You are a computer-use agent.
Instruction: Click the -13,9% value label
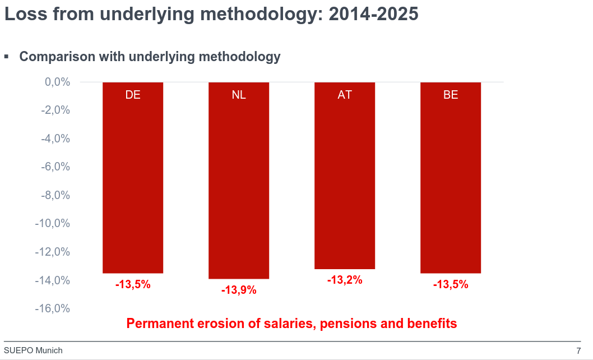[239, 290]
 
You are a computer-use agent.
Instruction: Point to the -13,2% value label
[345, 280]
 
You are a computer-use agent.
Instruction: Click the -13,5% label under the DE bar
[133, 285]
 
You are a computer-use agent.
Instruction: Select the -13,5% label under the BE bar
[451, 285]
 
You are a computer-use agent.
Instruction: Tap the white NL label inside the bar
[239, 95]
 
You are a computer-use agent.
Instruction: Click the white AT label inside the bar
[345, 95]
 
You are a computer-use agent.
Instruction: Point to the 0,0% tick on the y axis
[57, 82]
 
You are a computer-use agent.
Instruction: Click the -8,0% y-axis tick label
[55, 196]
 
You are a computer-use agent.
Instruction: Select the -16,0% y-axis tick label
[53, 309]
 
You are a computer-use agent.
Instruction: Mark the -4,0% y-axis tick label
[55, 139]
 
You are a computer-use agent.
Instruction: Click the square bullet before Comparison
[7, 57]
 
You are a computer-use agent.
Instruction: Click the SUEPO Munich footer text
[33, 351]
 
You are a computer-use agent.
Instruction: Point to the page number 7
[578, 351]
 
